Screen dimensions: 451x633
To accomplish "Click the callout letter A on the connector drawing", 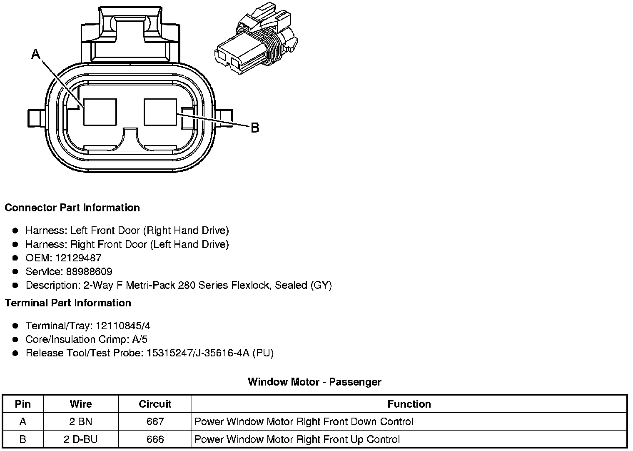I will coord(36,54).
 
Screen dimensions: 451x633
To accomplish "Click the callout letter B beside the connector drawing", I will coord(255,128).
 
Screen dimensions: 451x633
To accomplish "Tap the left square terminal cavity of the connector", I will coord(100,112).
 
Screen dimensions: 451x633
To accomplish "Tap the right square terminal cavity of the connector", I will coord(160,112).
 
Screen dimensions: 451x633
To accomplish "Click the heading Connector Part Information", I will coord(72,208).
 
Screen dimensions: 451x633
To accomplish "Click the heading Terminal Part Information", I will coord(68,303).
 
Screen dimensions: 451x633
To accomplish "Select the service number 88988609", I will coord(89,272).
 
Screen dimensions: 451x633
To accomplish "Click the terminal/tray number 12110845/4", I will coord(123,326).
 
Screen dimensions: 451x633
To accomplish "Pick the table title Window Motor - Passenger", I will coord(314,382).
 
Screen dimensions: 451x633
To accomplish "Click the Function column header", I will coord(409,404).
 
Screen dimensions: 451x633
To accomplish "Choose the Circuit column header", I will coord(155,404).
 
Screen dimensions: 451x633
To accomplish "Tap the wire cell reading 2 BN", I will coord(81,422).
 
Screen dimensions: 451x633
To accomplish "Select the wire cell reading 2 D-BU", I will coord(81,439).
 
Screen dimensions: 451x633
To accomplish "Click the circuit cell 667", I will coord(155,422).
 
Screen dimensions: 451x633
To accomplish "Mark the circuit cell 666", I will coord(155,439).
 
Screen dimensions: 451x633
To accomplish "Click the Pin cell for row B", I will coord(22,439).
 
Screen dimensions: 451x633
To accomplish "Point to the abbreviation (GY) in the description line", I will coord(321,286).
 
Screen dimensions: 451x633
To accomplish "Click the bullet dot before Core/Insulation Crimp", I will coord(15,339).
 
